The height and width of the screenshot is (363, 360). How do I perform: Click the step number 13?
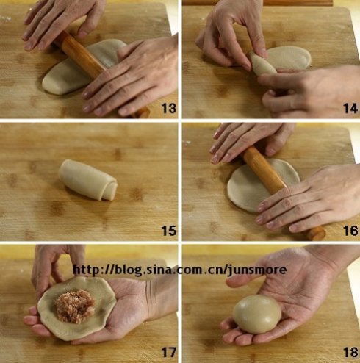(169, 108)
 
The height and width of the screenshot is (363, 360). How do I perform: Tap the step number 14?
(350, 108)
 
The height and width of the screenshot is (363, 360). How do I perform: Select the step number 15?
(169, 231)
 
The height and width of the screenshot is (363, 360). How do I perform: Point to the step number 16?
(350, 231)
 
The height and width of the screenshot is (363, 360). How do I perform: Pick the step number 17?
(169, 352)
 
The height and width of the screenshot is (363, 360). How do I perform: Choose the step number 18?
(350, 352)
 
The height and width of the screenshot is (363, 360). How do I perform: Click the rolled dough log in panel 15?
(87, 179)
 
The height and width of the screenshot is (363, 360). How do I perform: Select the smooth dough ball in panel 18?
(256, 314)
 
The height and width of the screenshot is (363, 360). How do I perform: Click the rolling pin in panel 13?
(98, 71)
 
